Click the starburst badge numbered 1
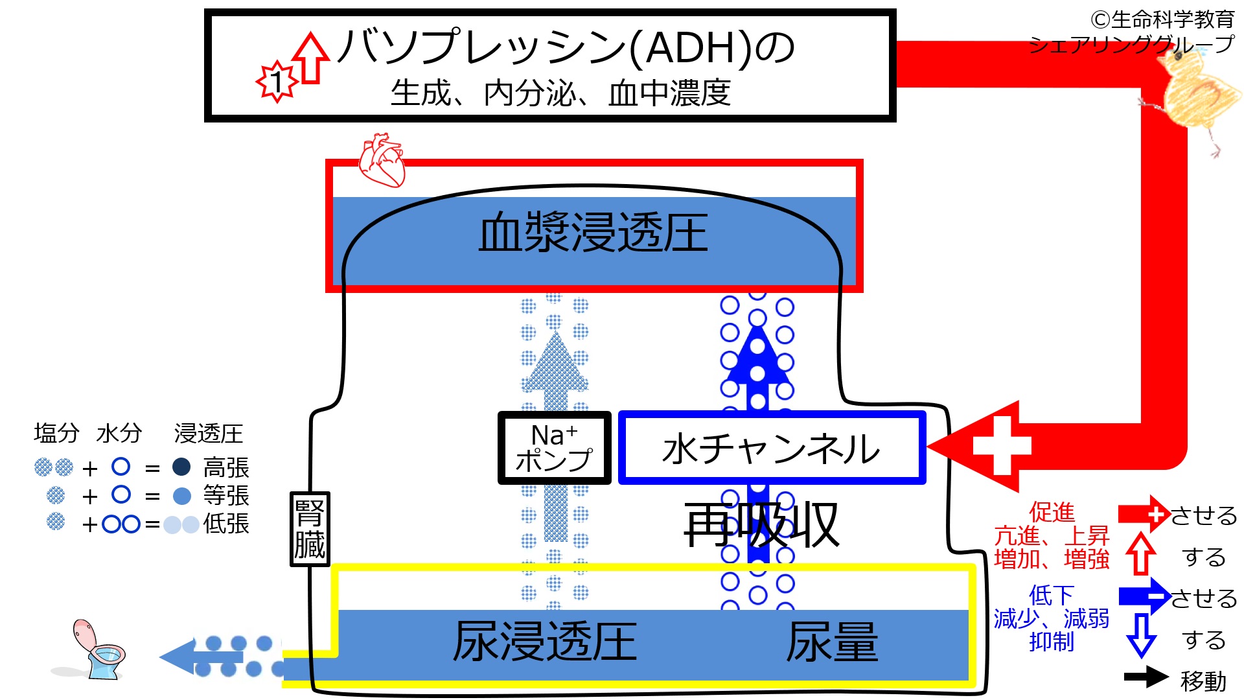(277, 82)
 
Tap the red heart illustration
(382, 160)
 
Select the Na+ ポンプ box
(554, 448)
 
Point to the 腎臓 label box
(310, 529)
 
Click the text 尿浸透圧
(544, 642)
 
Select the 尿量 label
(832, 642)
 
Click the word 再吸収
(761, 525)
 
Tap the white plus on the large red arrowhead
(1001, 446)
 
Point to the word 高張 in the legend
(226, 467)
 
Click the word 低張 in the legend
(226, 524)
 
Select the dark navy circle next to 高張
(181, 467)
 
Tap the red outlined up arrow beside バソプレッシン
(311, 58)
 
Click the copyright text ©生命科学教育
(1162, 19)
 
